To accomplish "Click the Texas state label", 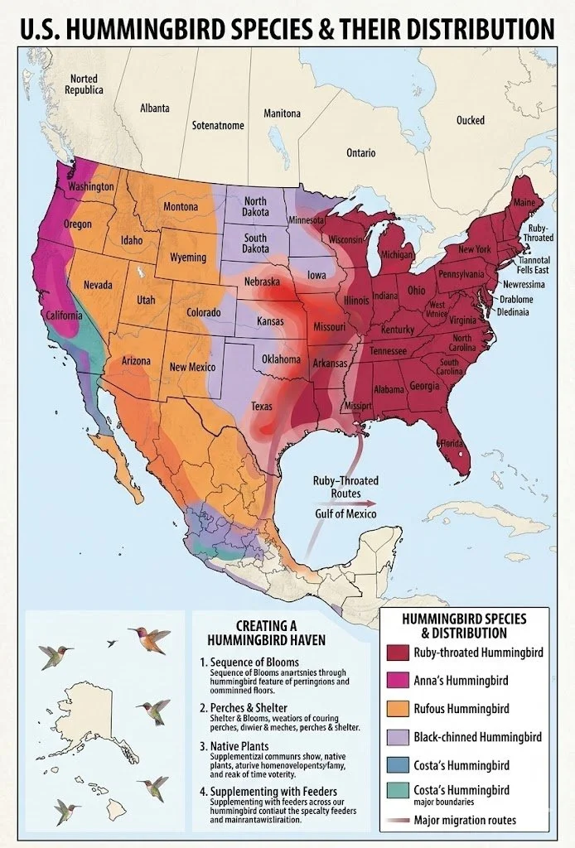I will tap(261, 407).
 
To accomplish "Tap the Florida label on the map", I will tap(452, 443).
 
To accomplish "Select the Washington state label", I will tap(90, 186).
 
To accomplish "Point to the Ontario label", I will tap(360, 153).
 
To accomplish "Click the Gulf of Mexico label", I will tap(345, 514).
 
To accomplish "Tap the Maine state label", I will tap(524, 202).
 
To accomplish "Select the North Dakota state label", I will tap(255, 207).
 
